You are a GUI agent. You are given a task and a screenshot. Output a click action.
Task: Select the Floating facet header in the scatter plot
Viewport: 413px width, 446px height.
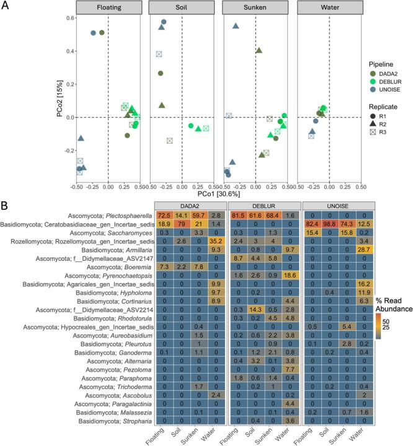[x=108, y=10]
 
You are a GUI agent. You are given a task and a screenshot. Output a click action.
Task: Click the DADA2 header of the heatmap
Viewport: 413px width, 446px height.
[x=190, y=204]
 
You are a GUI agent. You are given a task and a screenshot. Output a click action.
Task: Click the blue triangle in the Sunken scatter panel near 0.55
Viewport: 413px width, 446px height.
[x=236, y=25]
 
